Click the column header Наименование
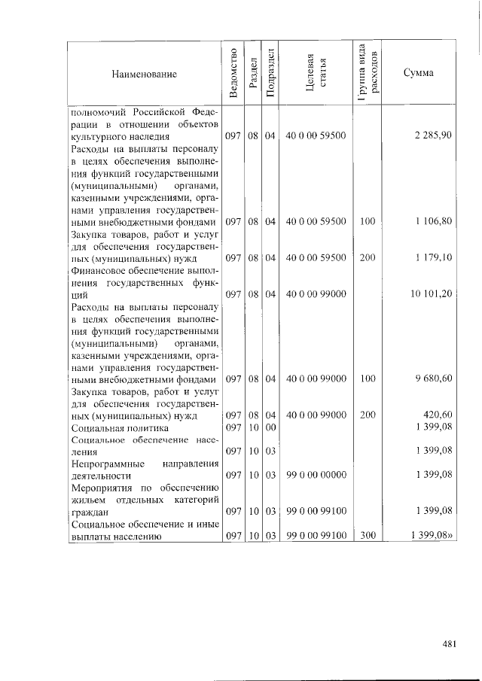tap(144, 74)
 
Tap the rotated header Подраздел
tap(271, 73)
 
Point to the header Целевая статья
tap(316, 73)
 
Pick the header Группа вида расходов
tap(368, 73)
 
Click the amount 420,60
tap(437, 415)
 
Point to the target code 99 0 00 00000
tap(316, 476)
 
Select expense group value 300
tap(367, 536)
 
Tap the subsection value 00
tap(271, 427)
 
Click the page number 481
tap(451, 643)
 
